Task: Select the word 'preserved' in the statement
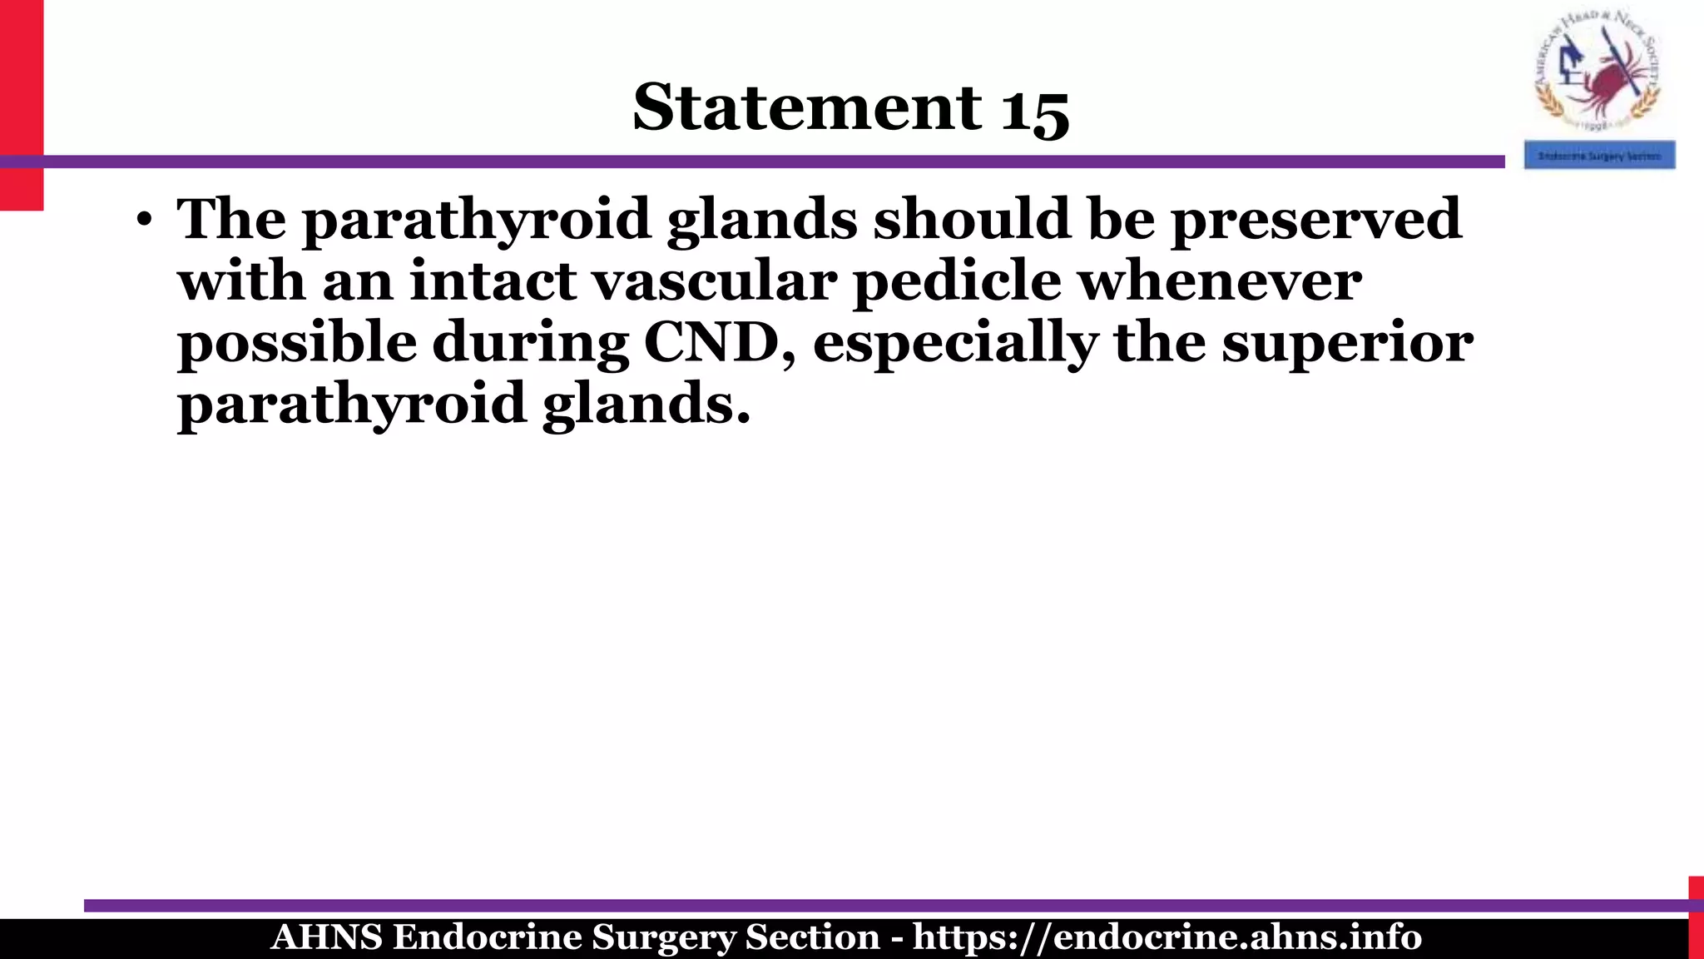1315,220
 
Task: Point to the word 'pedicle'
957,281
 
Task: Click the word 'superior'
1347,343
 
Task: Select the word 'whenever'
1220,281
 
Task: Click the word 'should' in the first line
972,220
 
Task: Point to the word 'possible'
297,343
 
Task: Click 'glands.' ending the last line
646,405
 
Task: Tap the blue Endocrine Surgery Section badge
1598,156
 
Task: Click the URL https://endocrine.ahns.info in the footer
1167,937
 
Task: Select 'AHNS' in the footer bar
326,937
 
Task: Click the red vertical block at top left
21,104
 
